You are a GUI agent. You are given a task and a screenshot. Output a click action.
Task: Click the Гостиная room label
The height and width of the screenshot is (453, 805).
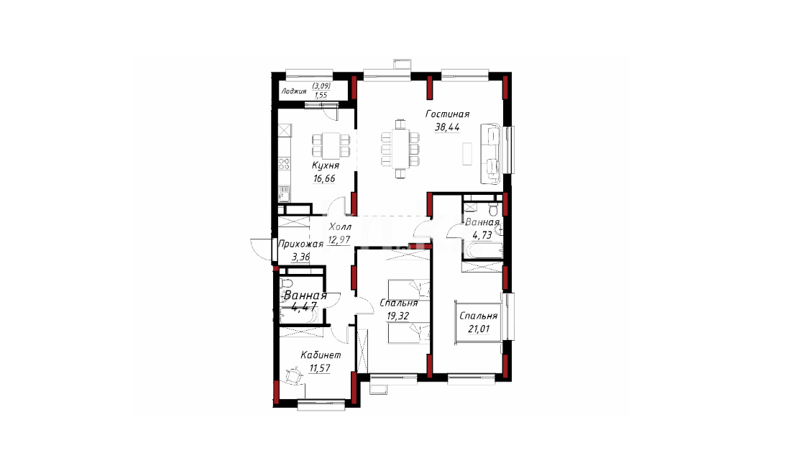click(447, 114)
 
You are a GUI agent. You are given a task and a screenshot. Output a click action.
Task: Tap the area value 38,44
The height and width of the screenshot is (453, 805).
click(446, 127)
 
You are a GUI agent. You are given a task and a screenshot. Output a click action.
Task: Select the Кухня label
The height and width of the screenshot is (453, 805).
click(326, 165)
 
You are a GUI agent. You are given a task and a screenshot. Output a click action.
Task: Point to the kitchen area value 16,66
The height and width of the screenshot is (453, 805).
click(324, 179)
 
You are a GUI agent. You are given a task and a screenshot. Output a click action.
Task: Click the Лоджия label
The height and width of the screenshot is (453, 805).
click(294, 91)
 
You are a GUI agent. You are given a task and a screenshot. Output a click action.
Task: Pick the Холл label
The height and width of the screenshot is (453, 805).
click(340, 226)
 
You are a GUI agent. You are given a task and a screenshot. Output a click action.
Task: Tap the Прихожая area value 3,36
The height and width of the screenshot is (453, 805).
click(301, 257)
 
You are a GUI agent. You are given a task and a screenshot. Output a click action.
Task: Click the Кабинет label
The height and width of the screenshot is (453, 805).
click(321, 355)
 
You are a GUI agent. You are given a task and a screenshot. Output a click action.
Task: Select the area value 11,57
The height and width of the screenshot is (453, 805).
click(319, 368)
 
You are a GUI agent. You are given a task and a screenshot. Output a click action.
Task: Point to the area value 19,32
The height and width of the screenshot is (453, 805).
click(398, 316)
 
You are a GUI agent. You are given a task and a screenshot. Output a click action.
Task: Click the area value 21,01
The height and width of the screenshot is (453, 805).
click(478, 329)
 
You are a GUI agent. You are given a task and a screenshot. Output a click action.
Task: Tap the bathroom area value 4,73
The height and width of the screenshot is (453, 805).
click(482, 235)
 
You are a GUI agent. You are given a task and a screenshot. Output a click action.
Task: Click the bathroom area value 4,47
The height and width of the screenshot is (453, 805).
click(304, 307)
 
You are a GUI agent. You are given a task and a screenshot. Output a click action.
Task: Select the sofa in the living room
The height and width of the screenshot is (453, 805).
click(490, 153)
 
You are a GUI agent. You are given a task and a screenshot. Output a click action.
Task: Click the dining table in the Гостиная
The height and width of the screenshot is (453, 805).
click(400, 149)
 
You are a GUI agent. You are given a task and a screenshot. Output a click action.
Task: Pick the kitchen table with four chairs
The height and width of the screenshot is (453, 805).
click(331, 145)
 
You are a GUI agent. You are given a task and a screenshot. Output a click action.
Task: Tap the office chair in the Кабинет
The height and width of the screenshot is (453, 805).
click(294, 377)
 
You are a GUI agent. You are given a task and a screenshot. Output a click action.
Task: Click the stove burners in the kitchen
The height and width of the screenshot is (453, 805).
click(284, 165)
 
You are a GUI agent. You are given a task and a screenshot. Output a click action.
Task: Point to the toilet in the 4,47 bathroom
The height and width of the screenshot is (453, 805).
click(286, 283)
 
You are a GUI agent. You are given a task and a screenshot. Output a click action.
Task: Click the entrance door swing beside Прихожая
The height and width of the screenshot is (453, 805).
click(261, 249)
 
